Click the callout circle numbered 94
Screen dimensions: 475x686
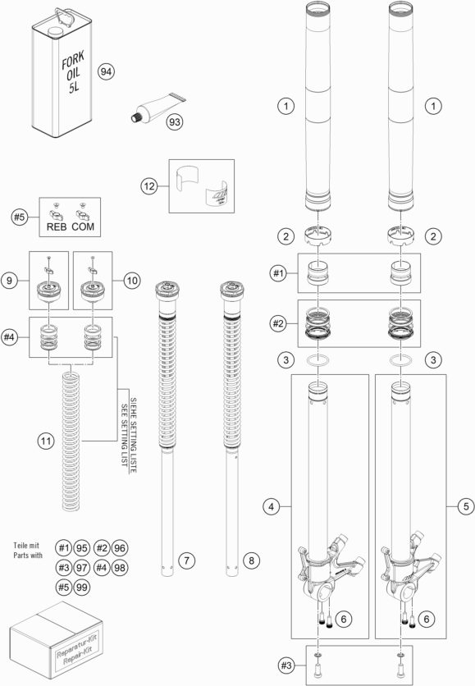click(106, 71)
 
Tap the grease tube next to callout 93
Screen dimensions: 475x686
click(158, 107)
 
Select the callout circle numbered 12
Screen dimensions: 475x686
click(149, 186)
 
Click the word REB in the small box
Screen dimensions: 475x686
click(57, 226)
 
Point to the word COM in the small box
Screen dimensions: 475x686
click(83, 226)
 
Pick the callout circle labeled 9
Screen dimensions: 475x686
click(9, 280)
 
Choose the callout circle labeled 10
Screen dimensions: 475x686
click(132, 280)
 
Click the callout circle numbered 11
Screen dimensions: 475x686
click(46, 441)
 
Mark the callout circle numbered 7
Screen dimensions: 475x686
click(187, 560)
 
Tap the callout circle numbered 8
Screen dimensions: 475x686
click(251, 560)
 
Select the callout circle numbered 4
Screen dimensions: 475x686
click(272, 506)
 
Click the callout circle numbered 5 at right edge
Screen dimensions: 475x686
click(466, 506)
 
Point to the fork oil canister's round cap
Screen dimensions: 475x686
click(55, 31)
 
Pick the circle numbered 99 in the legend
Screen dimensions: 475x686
click(82, 587)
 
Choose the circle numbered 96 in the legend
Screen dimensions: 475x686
click(120, 548)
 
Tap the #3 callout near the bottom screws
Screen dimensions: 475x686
click(286, 665)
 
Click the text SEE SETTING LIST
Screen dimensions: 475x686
click(125, 434)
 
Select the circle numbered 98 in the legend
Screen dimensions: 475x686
click(120, 568)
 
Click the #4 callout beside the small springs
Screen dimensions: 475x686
click(10, 337)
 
